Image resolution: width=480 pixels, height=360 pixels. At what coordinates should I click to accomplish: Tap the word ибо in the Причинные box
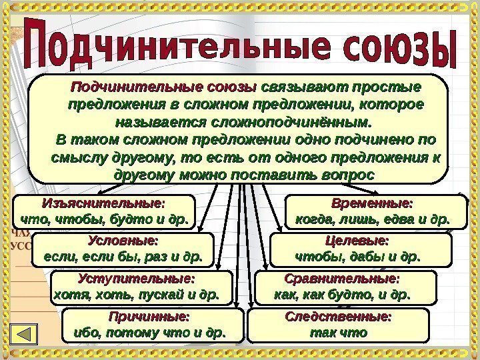click(x=73, y=330)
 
